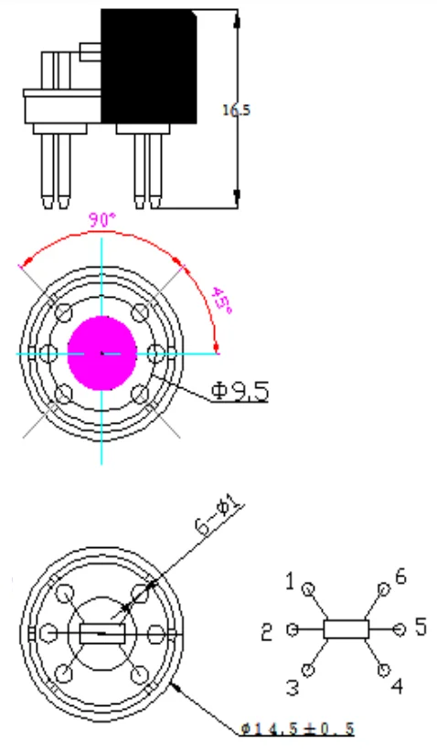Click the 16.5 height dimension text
point(236,110)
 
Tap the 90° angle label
point(102,220)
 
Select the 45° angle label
point(221,301)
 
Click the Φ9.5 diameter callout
point(240,391)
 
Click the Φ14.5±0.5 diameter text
point(297,729)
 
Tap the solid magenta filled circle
point(102,354)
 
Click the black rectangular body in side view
point(148,67)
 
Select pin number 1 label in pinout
point(290,582)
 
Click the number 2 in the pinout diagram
point(267,633)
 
